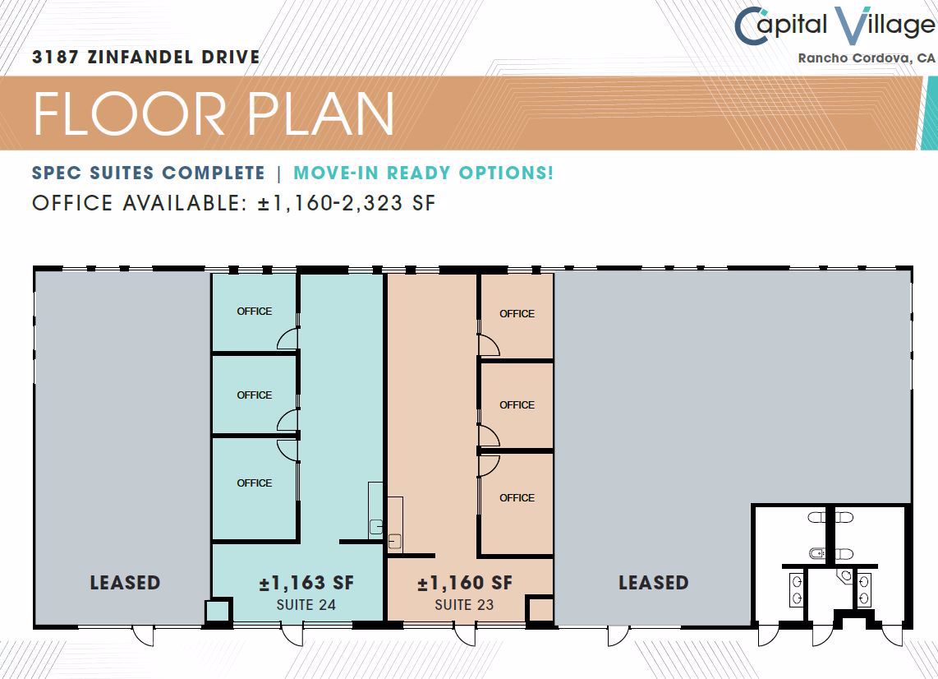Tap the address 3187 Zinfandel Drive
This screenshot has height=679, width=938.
146,57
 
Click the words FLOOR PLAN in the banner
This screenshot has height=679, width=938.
214,113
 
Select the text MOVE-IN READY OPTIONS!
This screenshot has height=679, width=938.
424,173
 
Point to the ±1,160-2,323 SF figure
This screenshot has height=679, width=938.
347,203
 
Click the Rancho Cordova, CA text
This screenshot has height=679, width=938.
867,58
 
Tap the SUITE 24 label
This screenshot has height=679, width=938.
306,605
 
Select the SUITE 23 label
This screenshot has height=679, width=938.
464,605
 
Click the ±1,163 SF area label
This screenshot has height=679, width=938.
306,583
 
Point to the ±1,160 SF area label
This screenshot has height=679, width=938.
465,583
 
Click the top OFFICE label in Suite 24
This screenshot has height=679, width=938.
255,312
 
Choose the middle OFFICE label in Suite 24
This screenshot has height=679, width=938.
255,395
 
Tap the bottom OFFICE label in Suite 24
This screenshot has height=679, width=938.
255,483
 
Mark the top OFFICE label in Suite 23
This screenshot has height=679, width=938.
517,314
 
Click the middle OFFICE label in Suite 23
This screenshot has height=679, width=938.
517,405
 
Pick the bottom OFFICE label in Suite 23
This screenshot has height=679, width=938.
517,498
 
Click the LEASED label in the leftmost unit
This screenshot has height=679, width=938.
125,583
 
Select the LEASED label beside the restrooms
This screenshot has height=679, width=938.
653,583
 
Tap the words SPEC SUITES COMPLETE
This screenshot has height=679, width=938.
149,173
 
